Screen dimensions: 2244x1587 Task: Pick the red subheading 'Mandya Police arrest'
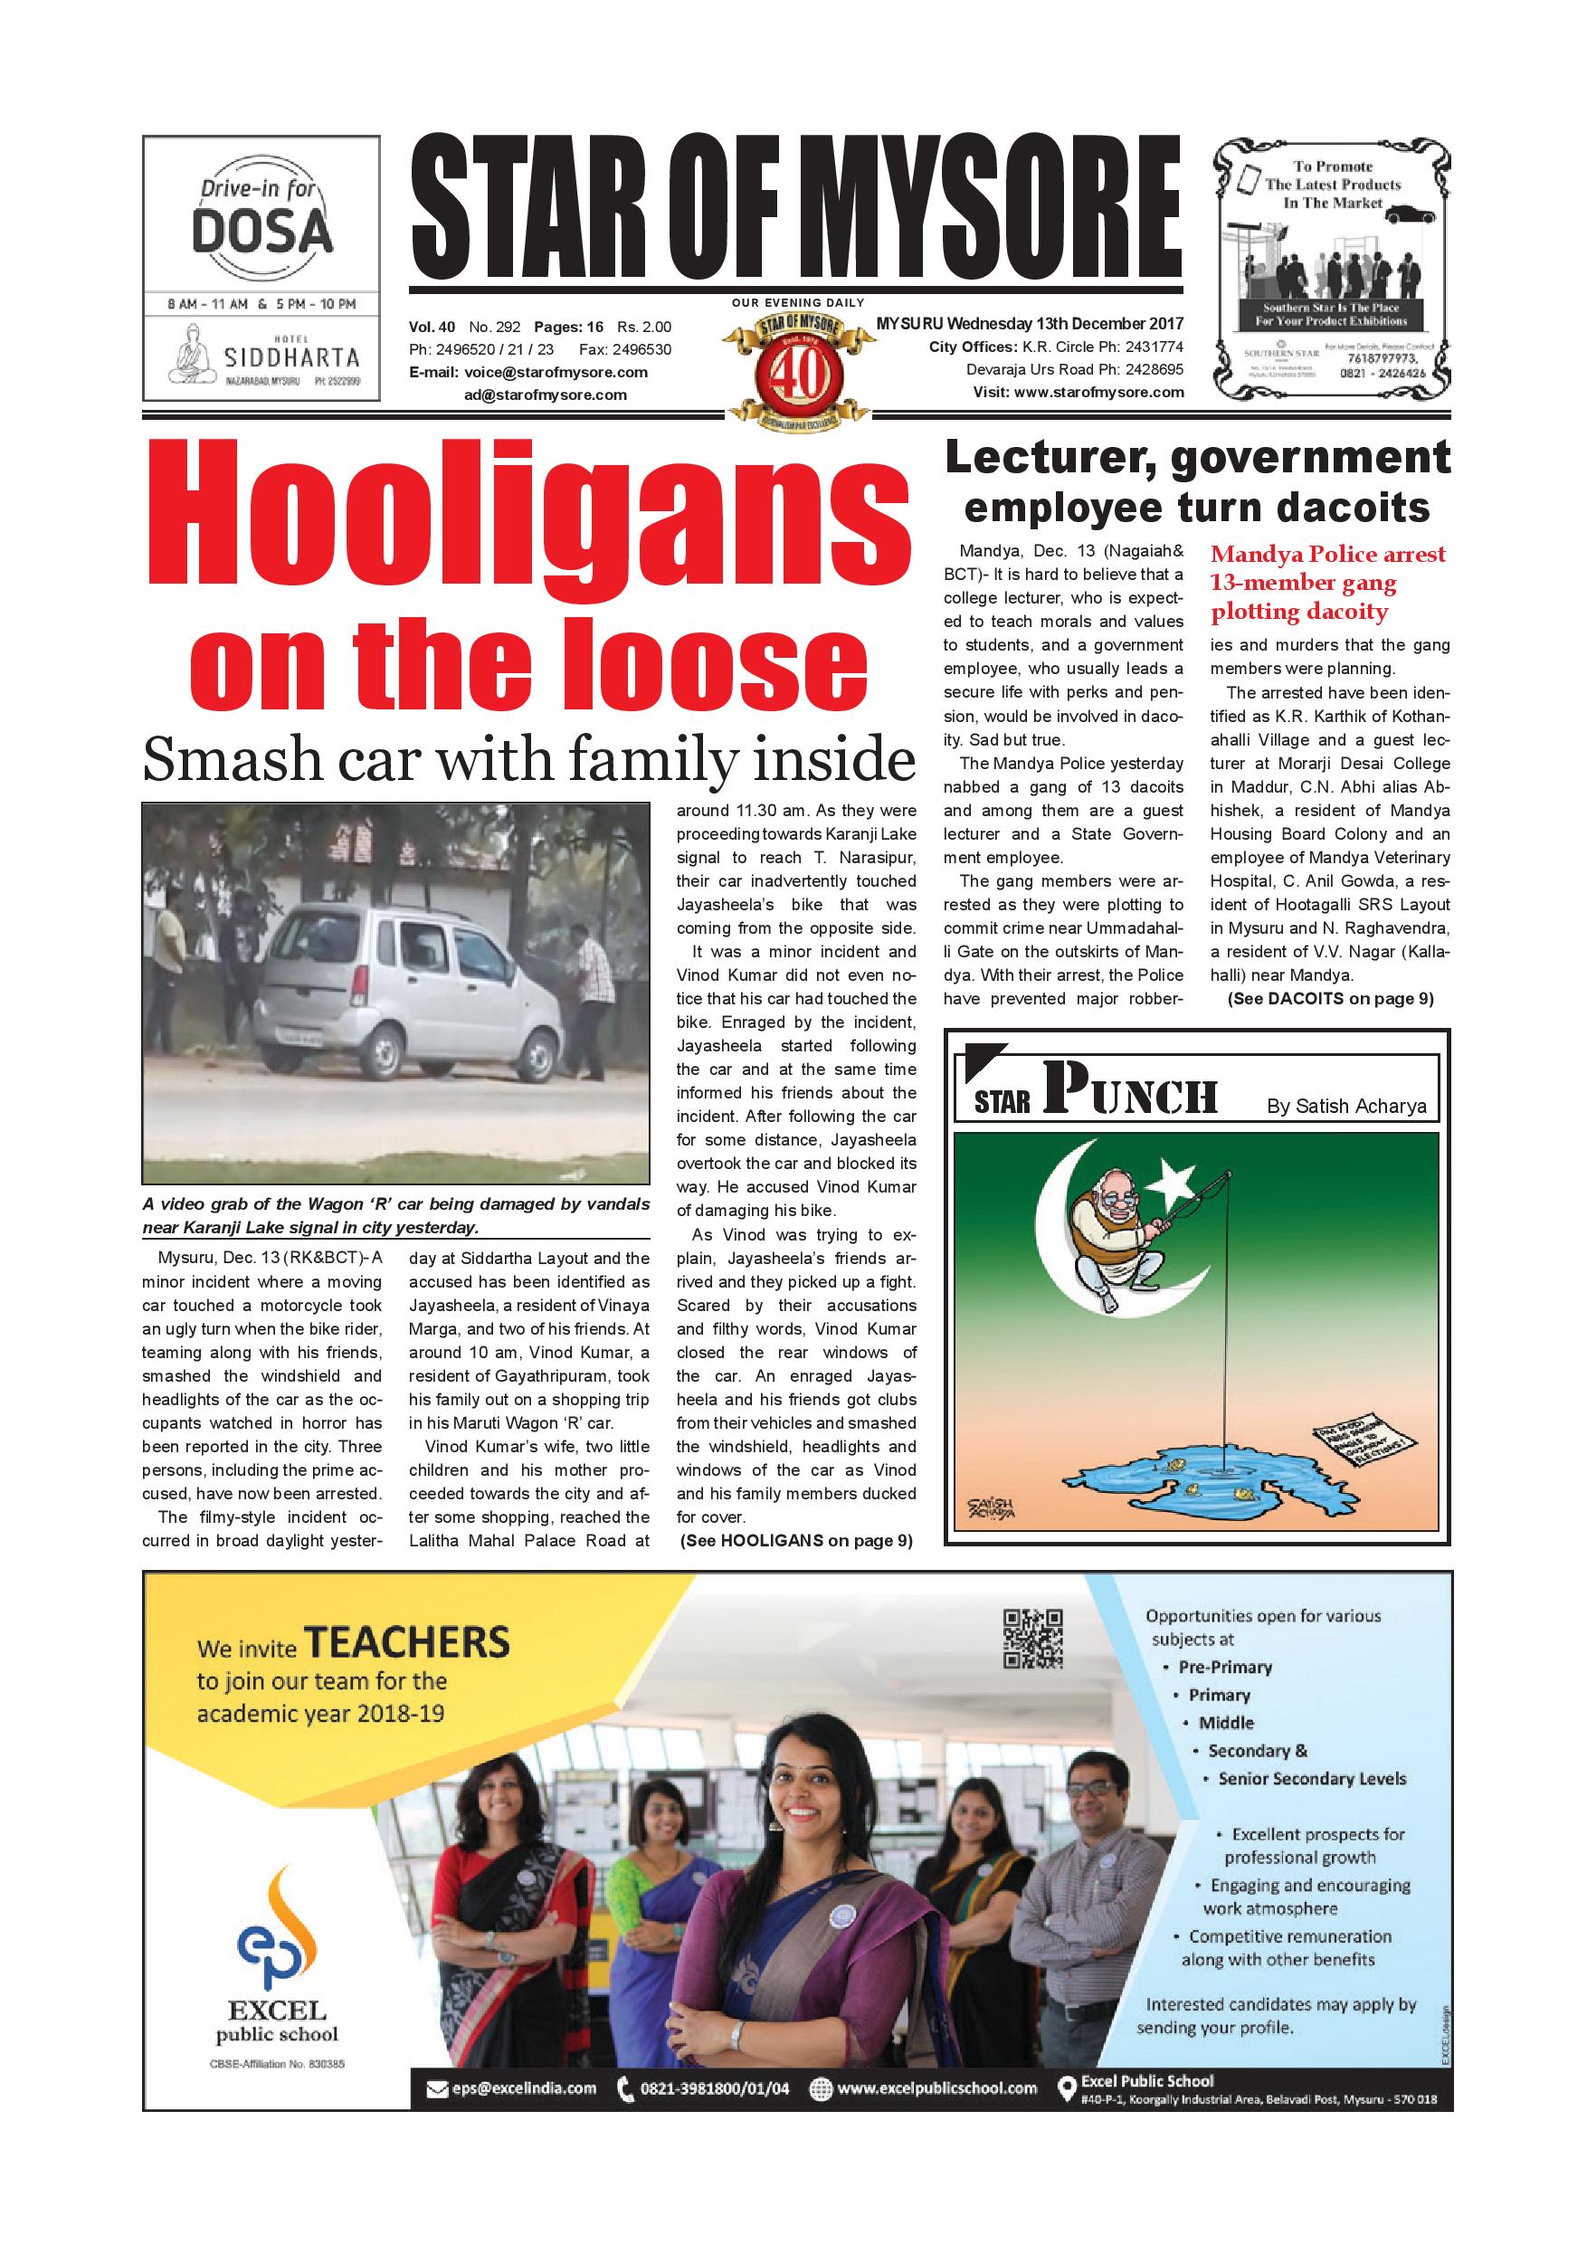[x=1328, y=554]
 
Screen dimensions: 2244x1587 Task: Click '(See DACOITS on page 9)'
[x=1330, y=999]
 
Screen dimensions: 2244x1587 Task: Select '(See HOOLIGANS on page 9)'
[x=795, y=1541]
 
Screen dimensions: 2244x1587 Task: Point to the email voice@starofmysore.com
[x=556, y=373]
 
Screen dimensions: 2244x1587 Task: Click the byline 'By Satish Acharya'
[x=1345, y=1106]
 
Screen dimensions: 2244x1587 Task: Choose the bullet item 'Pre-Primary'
[x=1224, y=1668]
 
